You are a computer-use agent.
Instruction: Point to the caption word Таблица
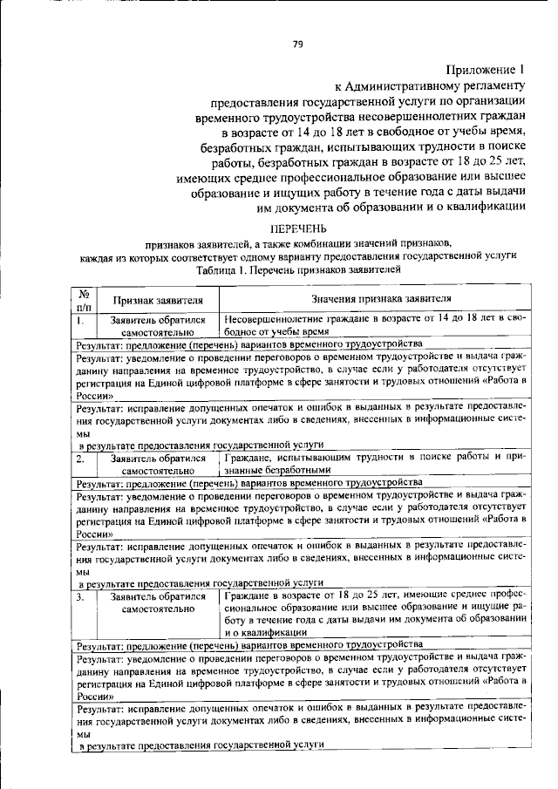(x=218, y=270)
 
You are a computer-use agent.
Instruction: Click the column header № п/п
(x=85, y=300)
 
